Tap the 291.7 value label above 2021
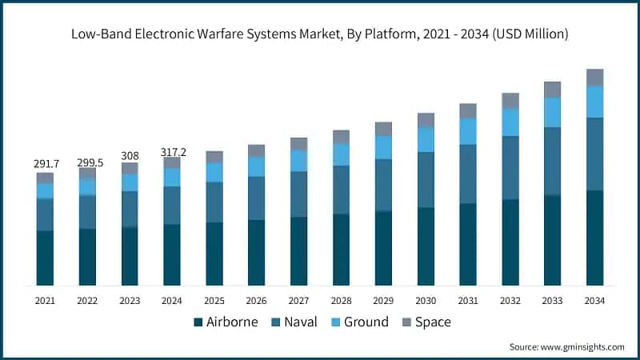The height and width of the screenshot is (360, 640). click(46, 163)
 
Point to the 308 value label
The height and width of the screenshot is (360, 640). click(130, 156)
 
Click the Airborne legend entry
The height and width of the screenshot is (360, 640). click(226, 322)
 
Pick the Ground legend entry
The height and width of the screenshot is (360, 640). click(359, 322)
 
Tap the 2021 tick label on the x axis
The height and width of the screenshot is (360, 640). click(46, 300)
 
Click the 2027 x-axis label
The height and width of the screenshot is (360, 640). click(298, 300)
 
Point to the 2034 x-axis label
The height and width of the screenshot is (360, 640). click(594, 300)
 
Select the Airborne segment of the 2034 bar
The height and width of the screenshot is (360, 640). click(594, 238)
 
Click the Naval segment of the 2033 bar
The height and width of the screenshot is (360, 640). click(552, 161)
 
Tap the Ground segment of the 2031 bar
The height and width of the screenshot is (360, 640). click(468, 131)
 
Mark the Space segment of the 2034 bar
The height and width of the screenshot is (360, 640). click(594, 77)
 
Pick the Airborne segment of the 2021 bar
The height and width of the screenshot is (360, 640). click(46, 258)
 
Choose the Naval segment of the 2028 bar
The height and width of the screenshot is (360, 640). click(341, 190)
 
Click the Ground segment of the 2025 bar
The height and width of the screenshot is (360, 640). click(214, 172)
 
